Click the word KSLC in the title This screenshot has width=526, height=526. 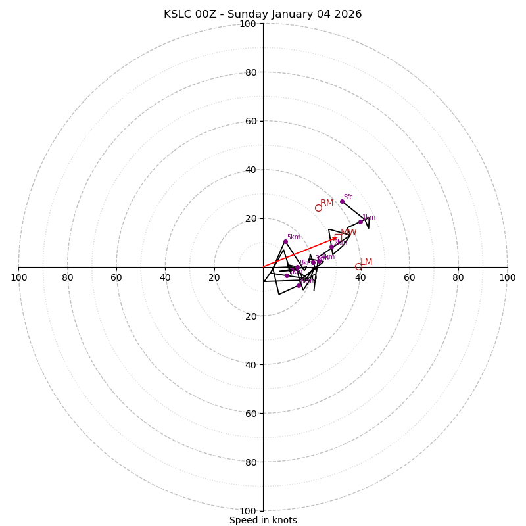(177, 14)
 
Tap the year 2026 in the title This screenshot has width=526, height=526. (347, 14)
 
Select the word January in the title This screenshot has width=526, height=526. (295, 14)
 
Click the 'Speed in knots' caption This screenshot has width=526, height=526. (263, 520)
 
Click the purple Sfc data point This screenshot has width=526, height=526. (342, 201)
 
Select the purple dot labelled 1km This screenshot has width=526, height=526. (360, 222)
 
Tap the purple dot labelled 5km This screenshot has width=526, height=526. (285, 241)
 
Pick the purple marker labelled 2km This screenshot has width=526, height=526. (331, 247)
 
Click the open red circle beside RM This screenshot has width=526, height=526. (318, 208)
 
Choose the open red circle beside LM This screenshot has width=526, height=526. (358, 266)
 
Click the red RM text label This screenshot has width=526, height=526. (327, 203)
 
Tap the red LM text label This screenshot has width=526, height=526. (366, 262)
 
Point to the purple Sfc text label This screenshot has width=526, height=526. (348, 197)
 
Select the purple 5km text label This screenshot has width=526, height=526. (293, 237)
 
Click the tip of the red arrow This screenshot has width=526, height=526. (338, 238)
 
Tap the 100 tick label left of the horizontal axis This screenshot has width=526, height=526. (18, 277)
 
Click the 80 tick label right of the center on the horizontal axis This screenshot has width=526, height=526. (458, 277)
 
